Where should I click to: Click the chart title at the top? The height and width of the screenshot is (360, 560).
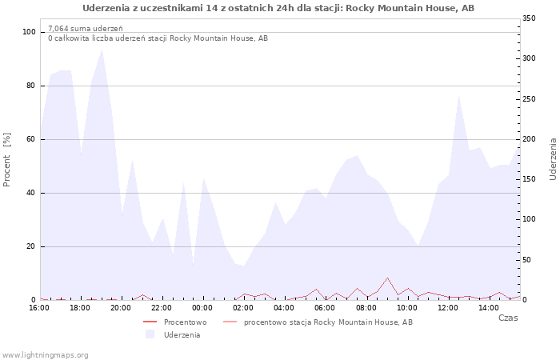click(x=278, y=8)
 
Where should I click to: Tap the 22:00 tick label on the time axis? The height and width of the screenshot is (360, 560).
click(x=162, y=308)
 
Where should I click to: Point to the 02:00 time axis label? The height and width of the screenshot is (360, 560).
click(x=243, y=308)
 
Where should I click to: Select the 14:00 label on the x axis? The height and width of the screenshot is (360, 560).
click(x=489, y=308)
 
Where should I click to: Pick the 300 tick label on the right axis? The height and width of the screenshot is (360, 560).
click(x=529, y=58)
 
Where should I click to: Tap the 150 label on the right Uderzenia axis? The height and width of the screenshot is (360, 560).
click(x=529, y=179)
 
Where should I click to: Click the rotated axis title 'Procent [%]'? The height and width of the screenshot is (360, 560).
click(x=6, y=160)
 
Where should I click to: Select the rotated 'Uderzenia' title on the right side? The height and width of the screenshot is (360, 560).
click(x=553, y=159)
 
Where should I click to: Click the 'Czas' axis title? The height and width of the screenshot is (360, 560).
click(x=508, y=318)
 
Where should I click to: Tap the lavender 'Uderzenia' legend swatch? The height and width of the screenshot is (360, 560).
click(x=150, y=334)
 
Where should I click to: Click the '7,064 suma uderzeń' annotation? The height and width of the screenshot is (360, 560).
click(x=86, y=29)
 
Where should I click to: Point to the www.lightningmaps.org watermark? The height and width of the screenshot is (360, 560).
click(x=44, y=355)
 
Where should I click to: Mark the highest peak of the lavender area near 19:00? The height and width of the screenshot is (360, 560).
click(x=102, y=50)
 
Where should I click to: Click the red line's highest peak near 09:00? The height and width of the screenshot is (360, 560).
click(x=387, y=278)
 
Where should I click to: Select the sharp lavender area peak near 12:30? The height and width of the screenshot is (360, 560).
click(x=458, y=96)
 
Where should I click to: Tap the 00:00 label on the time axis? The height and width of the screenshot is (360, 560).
click(x=202, y=308)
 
